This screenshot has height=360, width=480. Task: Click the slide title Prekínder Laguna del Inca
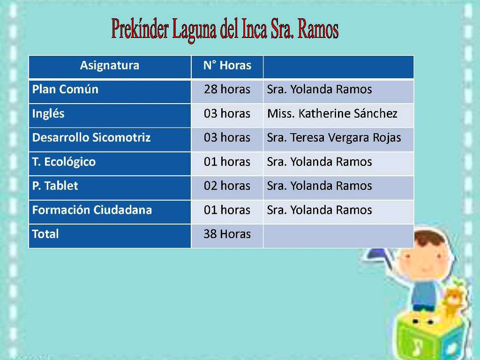click(x=225, y=30)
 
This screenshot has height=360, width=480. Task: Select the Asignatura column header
click(x=110, y=65)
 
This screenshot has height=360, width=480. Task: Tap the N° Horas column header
click(x=227, y=65)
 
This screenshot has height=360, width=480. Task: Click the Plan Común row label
click(x=65, y=90)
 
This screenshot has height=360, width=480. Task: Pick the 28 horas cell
click(x=227, y=90)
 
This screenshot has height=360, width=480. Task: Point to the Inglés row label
click(x=48, y=113)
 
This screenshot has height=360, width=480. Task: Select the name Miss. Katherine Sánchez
click(x=332, y=113)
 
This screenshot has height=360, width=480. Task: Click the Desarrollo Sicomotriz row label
click(x=91, y=137)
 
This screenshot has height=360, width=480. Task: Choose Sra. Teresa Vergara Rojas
click(x=334, y=138)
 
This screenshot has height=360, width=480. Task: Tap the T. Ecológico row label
click(x=64, y=162)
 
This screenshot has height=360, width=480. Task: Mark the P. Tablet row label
click(x=55, y=186)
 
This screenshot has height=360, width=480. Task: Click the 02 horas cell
click(x=227, y=186)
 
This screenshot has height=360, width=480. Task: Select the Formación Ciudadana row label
click(x=92, y=210)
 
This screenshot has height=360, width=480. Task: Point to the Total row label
click(x=45, y=234)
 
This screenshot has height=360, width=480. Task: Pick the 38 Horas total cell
click(x=227, y=234)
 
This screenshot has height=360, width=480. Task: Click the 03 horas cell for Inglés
click(x=227, y=113)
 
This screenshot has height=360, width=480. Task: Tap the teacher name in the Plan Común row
click(x=319, y=90)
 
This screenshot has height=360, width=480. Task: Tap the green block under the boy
click(x=428, y=337)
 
